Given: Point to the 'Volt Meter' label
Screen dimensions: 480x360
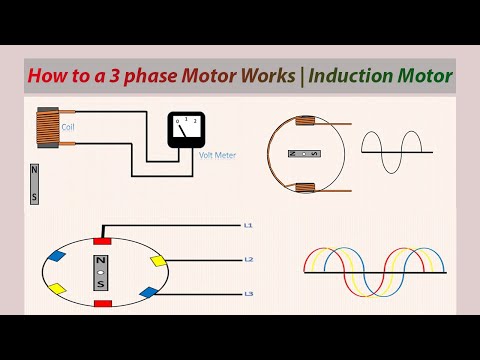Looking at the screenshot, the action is point(217,155).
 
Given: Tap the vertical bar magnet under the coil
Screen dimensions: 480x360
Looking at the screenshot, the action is point(34,183).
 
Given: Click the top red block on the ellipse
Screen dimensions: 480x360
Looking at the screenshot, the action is point(102,240).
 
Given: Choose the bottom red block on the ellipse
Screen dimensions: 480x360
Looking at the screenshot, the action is point(102,302).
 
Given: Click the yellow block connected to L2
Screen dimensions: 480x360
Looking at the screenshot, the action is point(157,260).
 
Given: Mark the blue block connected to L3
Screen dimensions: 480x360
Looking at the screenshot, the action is point(148,292).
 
